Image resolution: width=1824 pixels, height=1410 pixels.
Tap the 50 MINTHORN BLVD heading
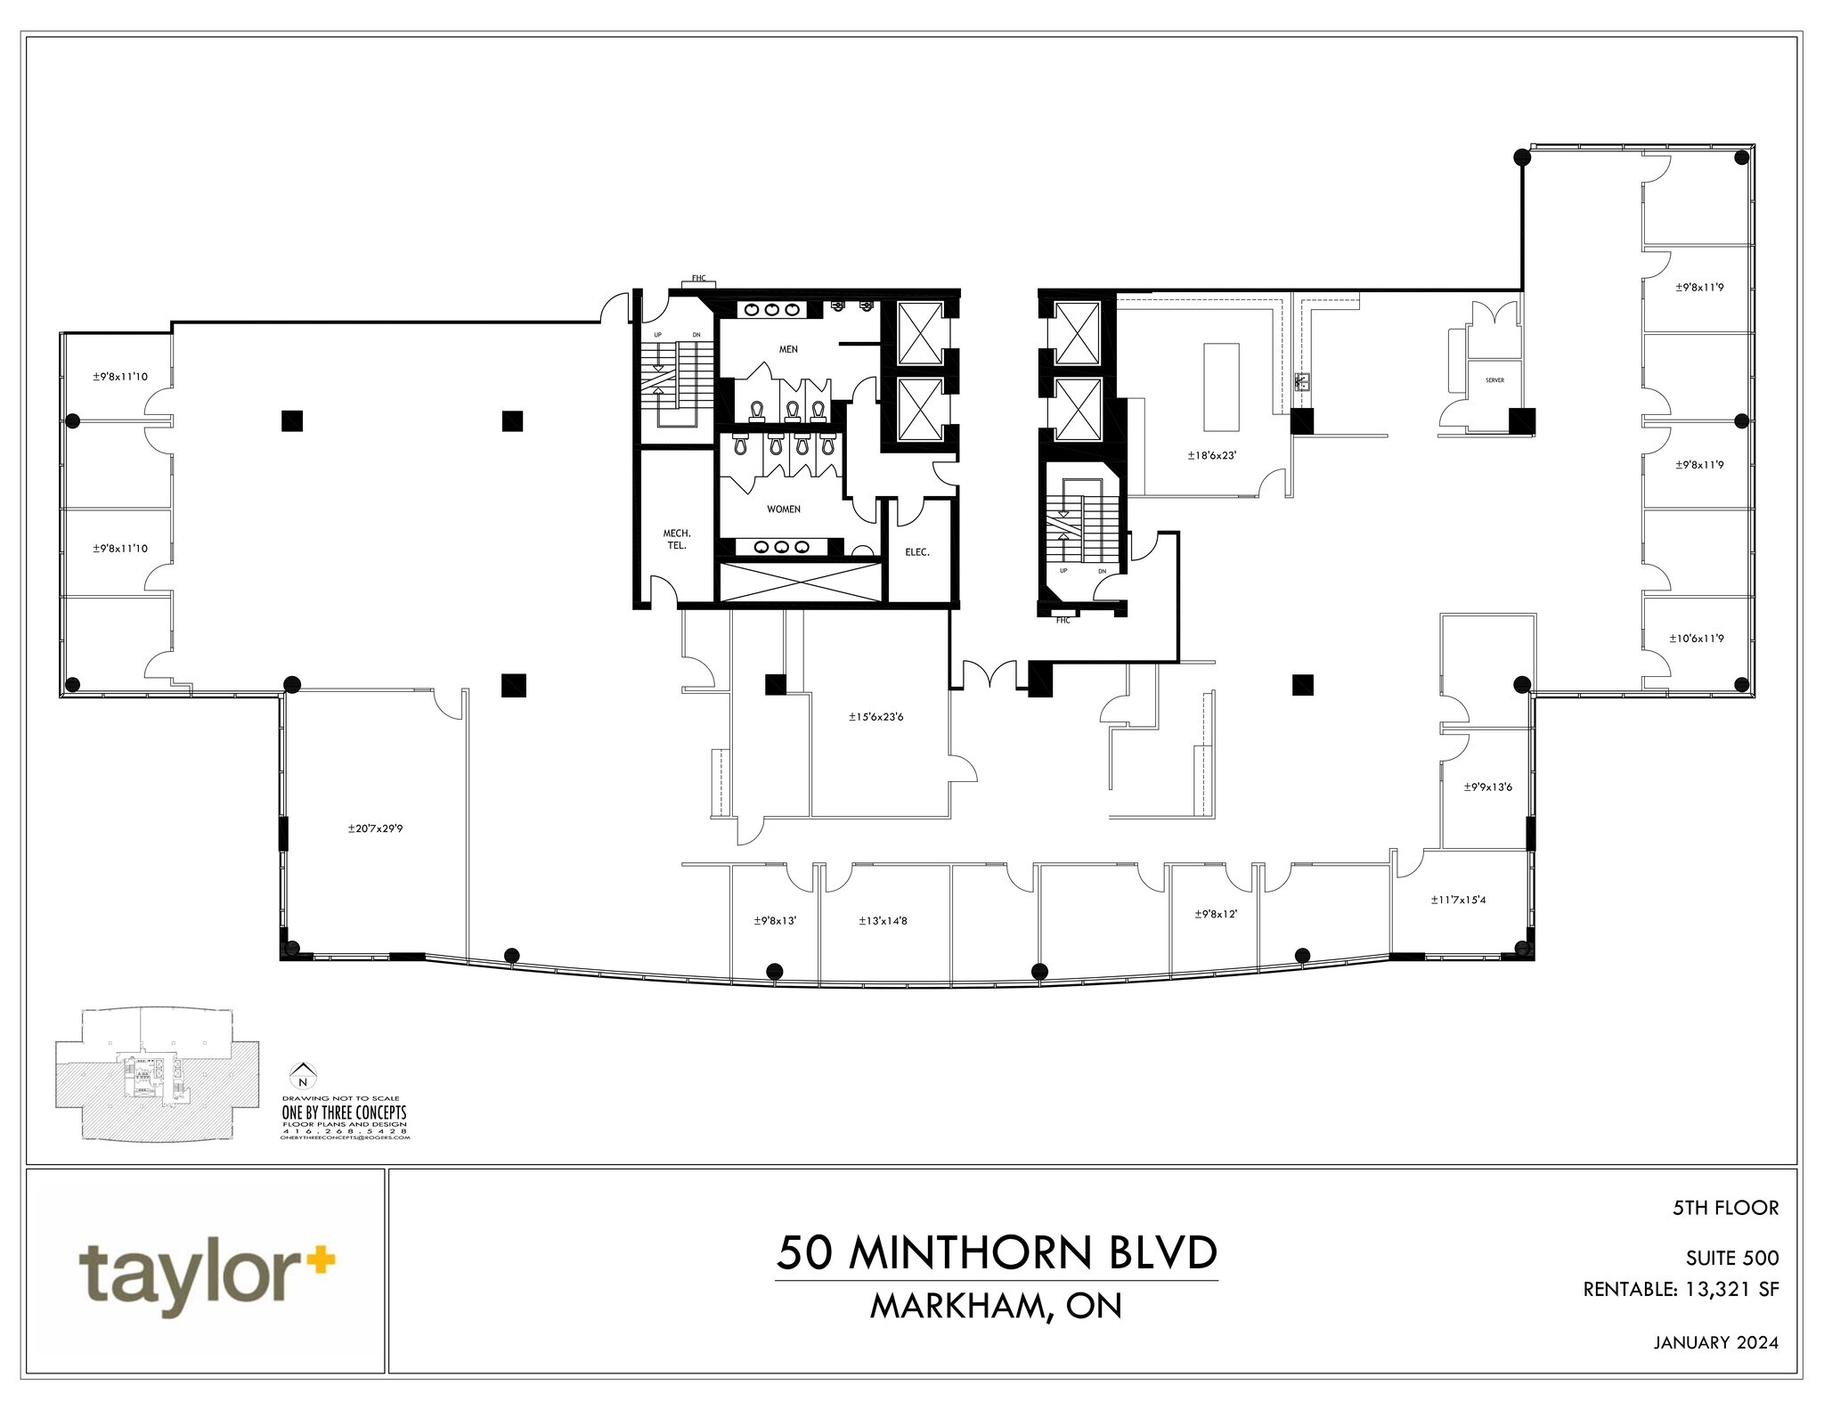point(996,1253)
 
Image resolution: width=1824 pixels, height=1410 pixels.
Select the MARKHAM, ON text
point(996,1306)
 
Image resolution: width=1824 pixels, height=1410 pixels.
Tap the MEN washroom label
point(788,349)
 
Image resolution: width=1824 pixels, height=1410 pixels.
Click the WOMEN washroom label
point(784,509)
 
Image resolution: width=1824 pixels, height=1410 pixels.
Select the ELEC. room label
point(917,552)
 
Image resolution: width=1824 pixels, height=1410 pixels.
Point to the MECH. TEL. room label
point(677,539)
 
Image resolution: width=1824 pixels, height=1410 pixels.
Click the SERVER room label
point(1494,380)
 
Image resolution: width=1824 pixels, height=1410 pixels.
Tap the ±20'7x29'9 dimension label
point(376,828)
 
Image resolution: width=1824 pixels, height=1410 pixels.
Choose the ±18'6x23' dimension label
point(1212,455)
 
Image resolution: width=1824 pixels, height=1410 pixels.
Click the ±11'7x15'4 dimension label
point(1458,900)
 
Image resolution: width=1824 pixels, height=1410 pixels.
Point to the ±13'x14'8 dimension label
point(883,921)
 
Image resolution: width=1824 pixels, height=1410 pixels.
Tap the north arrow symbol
point(305,1075)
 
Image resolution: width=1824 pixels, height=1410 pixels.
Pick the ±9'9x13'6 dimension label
point(1487,787)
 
